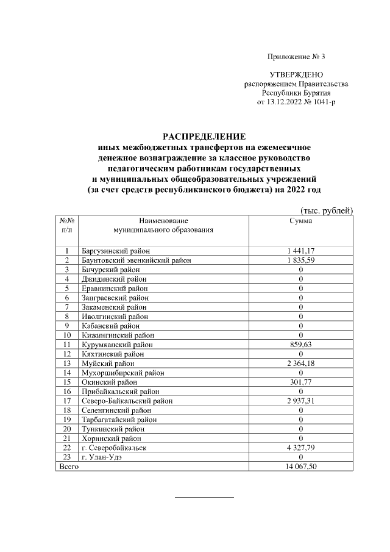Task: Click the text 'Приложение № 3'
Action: coord(297,57)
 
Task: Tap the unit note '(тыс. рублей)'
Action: coord(327,211)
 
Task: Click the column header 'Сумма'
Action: coord(300,221)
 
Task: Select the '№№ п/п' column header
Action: coord(67,225)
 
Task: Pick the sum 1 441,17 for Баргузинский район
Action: coord(300,251)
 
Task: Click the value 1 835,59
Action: coord(300,260)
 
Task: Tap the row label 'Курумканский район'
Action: coord(117,345)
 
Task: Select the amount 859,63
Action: coord(300,345)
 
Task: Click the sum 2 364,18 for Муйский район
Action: coord(300,364)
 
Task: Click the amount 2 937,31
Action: coord(300,401)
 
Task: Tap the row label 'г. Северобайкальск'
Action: coord(113,448)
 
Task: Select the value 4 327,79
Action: coord(300,448)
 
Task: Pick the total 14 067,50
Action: coord(300,467)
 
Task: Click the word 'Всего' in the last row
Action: coord(68,467)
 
